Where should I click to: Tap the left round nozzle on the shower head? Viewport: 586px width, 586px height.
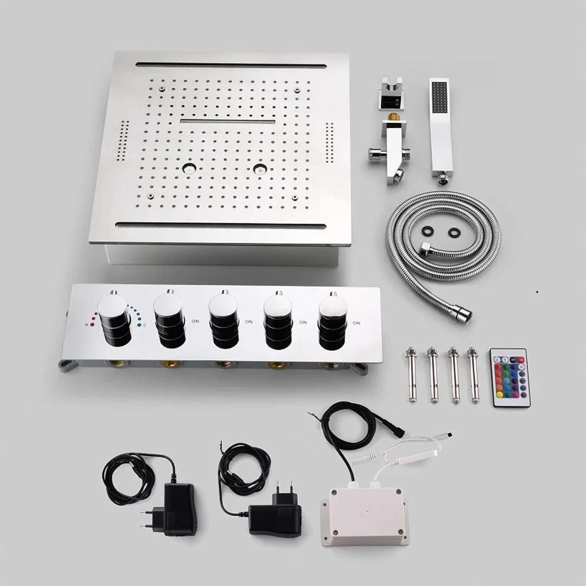coord(188,169)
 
